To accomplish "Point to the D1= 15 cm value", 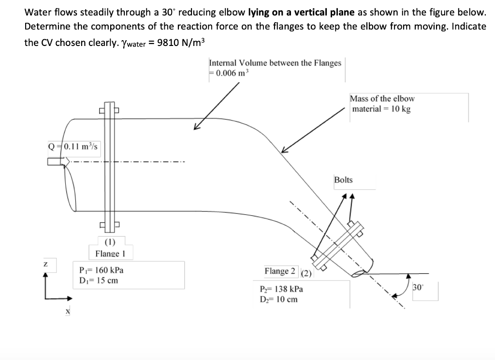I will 98,280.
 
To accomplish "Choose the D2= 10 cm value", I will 279,299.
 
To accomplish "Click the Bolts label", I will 343,180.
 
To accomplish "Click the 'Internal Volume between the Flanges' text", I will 275,63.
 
